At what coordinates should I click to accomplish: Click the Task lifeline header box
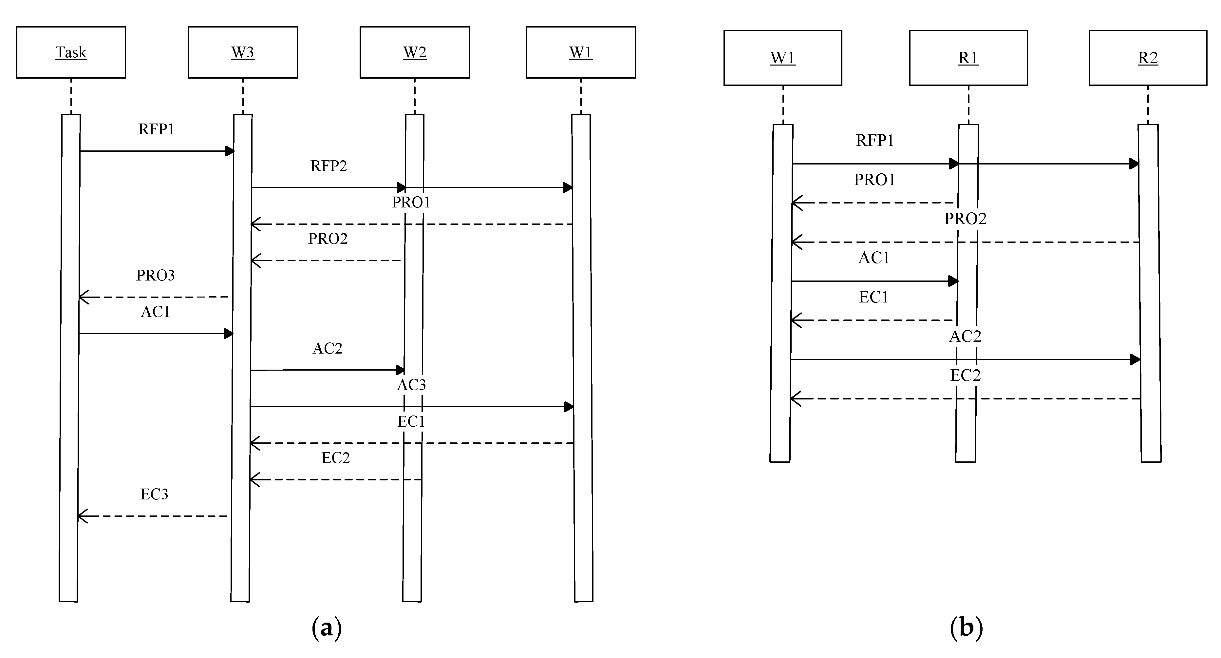point(71,52)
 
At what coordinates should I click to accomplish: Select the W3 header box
point(243,52)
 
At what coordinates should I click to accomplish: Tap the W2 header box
point(415,52)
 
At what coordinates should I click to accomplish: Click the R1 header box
point(968,58)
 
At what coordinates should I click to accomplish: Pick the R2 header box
point(1148,58)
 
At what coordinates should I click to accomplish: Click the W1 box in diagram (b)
point(782,58)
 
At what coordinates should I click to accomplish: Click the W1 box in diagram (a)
point(581,52)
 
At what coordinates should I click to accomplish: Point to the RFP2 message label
point(329,166)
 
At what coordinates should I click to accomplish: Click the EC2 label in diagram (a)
point(336,458)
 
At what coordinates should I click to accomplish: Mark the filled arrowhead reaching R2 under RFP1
point(1134,164)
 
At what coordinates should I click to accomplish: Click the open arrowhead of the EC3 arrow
point(82,516)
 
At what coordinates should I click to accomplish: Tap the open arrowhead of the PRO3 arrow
point(83,297)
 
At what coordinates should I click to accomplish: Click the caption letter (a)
point(327,628)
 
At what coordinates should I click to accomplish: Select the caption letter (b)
point(966,628)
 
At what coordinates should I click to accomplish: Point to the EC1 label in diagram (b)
point(873,297)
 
